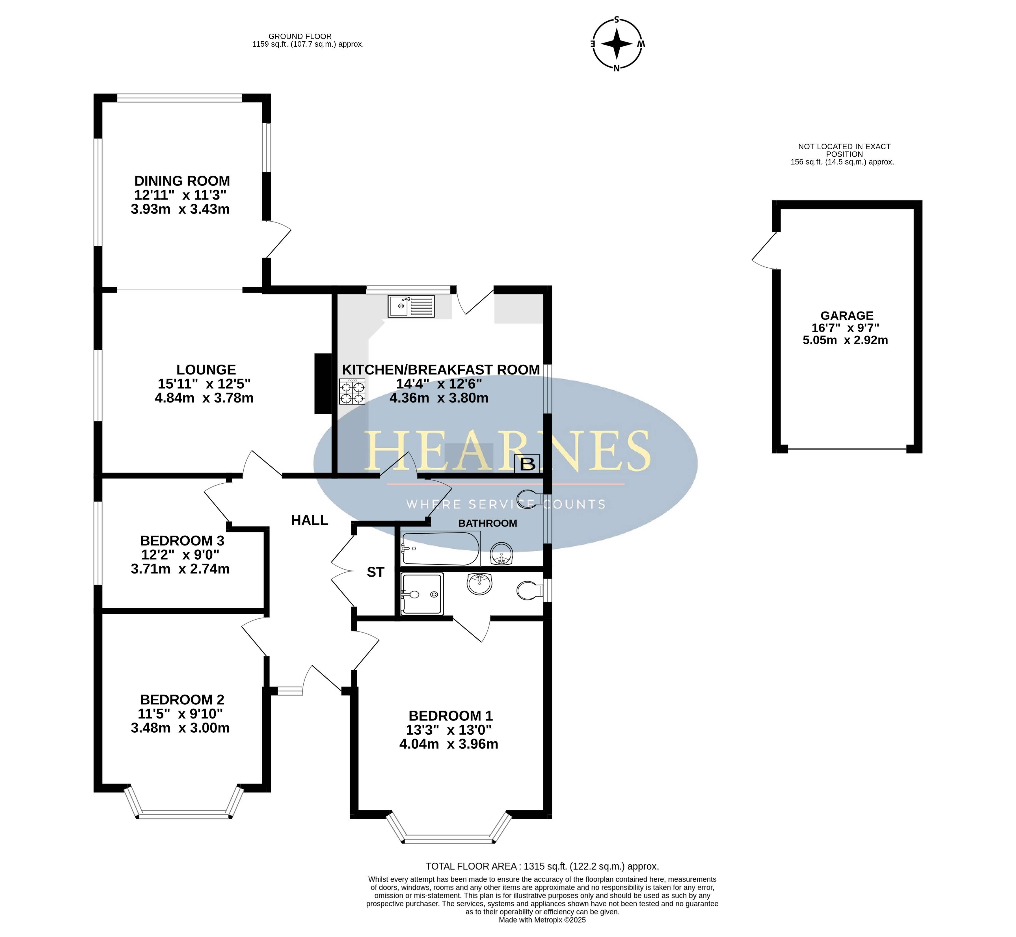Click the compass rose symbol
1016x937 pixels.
[617, 44]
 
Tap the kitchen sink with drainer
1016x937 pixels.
[411, 306]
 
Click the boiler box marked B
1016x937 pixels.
[527, 464]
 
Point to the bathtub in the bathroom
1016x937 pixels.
[440, 549]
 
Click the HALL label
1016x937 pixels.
[310, 520]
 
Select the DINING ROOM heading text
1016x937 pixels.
[182, 181]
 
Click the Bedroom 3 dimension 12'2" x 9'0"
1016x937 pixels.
[180, 555]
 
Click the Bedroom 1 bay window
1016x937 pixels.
[449, 830]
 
